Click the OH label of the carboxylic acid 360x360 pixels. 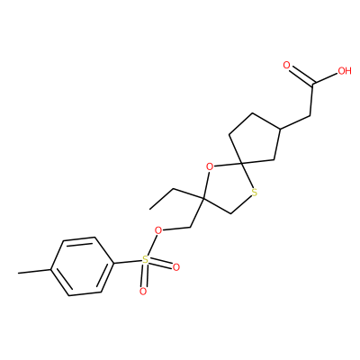coord(345,71)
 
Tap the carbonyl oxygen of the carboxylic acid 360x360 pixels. coord(287,65)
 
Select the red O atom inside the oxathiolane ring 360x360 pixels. coord(211,166)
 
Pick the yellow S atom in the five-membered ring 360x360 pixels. coord(255,193)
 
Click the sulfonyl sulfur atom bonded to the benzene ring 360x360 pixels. coord(145,260)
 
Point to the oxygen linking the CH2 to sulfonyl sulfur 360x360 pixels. coord(157,230)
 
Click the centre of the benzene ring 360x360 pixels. coord(82,266)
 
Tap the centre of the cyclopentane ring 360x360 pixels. coord(256,140)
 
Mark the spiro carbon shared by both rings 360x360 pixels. coord(243,164)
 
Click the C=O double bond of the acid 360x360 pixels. coord(300,75)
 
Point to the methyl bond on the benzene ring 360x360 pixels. coord(34,271)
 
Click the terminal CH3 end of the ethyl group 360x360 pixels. coord(150,208)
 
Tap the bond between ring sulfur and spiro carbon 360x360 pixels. coord(247,176)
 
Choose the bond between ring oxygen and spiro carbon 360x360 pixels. coord(229,165)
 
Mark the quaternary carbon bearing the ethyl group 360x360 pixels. coord(202,199)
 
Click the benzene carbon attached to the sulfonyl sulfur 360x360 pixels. coord(113,264)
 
